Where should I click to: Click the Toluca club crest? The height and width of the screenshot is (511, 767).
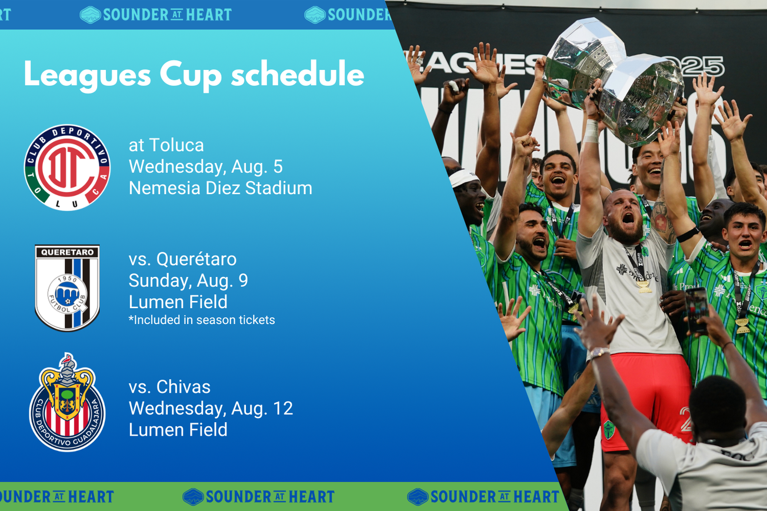(67, 168)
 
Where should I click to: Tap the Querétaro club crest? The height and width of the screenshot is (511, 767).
(67, 288)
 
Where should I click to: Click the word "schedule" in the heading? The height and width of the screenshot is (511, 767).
(297, 75)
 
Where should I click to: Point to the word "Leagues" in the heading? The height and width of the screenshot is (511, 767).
(85, 75)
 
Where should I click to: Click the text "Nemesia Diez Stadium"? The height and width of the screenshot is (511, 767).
(220, 188)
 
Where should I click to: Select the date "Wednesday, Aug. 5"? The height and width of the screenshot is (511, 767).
(205, 166)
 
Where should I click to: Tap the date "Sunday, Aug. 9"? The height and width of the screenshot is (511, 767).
(188, 280)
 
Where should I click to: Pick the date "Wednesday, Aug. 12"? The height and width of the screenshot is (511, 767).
(211, 408)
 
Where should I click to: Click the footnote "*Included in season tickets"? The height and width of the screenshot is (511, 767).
(202, 320)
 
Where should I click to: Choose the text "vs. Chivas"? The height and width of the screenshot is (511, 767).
(169, 386)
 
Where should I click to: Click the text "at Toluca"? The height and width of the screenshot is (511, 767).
(166, 145)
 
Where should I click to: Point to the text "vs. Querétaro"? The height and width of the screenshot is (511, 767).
(182, 259)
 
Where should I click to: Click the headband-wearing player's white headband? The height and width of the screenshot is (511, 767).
(464, 177)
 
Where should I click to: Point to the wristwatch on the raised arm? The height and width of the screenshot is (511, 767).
(599, 353)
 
